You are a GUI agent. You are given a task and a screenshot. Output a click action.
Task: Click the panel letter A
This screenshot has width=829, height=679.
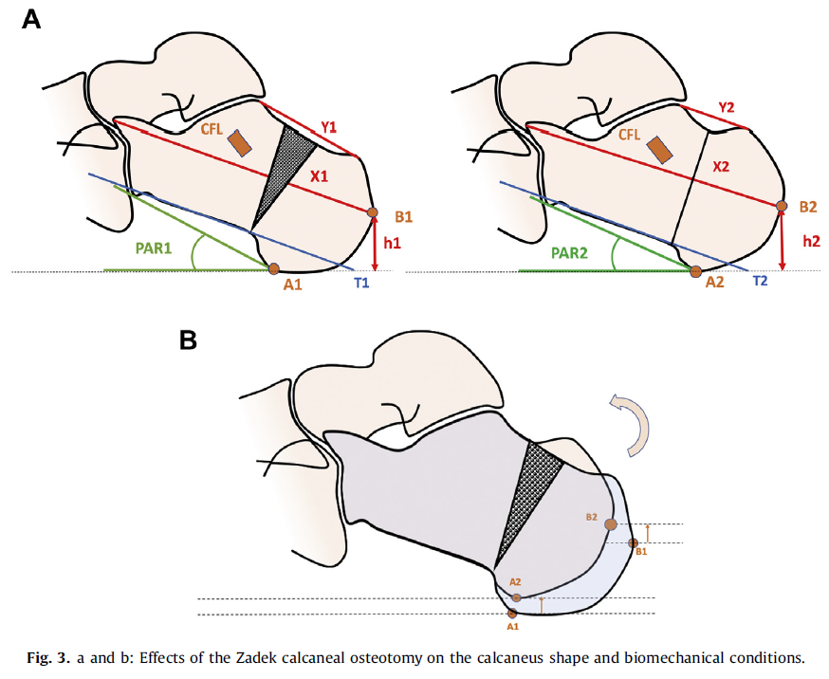pyautogui.click(x=31, y=18)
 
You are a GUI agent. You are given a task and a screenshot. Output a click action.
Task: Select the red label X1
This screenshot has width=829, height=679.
pyautogui.click(x=318, y=177)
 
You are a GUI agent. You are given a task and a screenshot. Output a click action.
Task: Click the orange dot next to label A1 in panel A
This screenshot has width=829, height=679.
pyautogui.click(x=274, y=269)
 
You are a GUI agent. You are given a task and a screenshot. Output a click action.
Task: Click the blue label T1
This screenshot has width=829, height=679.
pyautogui.click(x=360, y=282)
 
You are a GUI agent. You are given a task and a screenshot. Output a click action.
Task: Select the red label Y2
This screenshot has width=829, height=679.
pyautogui.click(x=728, y=108)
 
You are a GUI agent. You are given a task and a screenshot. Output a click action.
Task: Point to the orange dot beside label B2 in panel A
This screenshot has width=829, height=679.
pyautogui.click(x=782, y=206)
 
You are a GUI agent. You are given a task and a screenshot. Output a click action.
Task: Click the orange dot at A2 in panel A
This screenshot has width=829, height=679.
pyautogui.click(x=696, y=271)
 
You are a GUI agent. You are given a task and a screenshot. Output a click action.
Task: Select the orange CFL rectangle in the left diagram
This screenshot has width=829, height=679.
pyautogui.click(x=239, y=142)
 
